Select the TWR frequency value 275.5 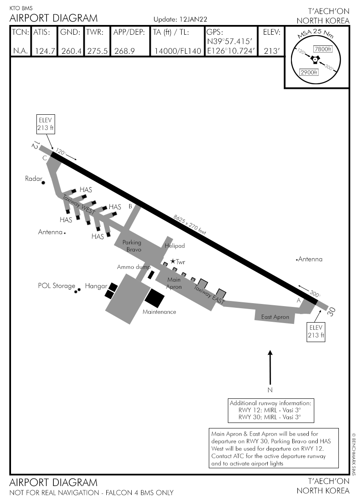[x=97, y=51]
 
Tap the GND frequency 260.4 [x=71, y=51]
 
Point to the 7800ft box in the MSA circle [x=322, y=49]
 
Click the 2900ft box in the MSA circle [x=309, y=72]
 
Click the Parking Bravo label [x=132, y=246]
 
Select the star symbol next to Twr [x=173, y=262]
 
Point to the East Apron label [x=275, y=317]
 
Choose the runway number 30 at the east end [x=332, y=312]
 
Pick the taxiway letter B [x=130, y=206]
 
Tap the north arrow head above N [x=270, y=352]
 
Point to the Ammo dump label [x=134, y=267]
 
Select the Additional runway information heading [x=271, y=403]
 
